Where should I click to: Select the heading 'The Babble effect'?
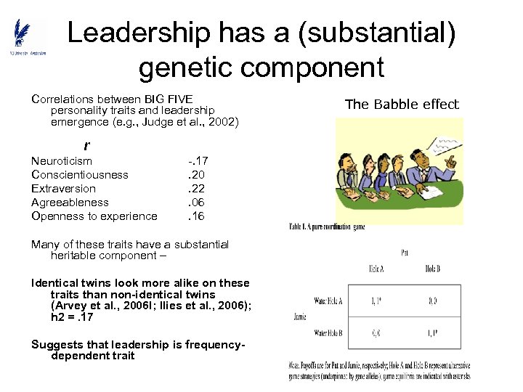coord(402,104)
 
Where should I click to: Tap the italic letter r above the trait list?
coord(87,146)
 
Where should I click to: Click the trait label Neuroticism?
coord(62,160)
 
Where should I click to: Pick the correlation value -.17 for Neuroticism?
coord(198,160)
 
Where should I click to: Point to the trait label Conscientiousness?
coord(80,174)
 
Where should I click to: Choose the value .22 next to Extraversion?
coord(197,188)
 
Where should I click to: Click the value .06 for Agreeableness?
coord(197,202)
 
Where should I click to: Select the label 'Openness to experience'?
coord(94,216)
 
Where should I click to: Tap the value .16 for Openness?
coord(197,216)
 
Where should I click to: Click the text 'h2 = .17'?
coord(72,317)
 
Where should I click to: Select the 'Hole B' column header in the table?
coord(432,269)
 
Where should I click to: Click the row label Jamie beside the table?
coord(301,317)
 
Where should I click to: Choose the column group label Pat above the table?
coord(404,253)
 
